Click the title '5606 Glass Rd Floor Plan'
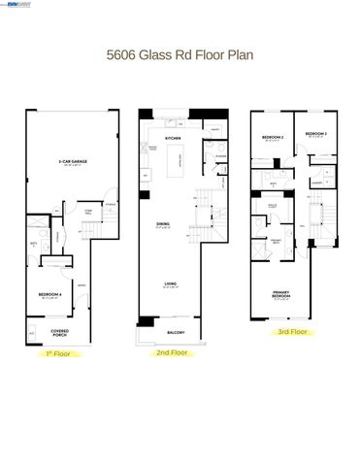point(180,55)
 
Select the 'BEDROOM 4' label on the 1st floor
point(49,294)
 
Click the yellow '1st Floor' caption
point(58,354)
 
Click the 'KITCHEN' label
point(173,139)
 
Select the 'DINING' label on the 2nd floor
point(164,224)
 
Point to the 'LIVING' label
point(170,283)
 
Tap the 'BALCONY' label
point(176,332)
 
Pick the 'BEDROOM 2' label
point(272,137)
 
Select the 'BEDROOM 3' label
point(315,133)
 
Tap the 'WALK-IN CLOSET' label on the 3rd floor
point(274,206)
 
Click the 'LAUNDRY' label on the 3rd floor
point(316,182)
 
